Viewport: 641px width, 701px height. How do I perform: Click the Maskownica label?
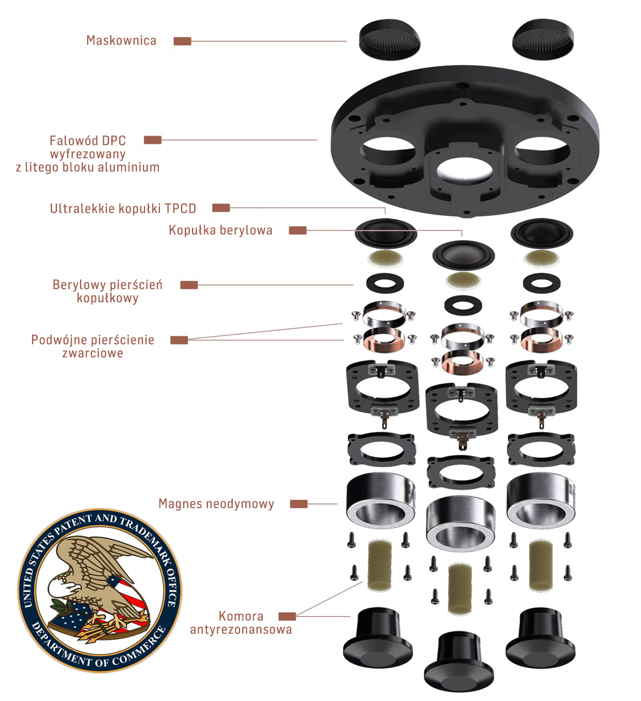pyautogui.click(x=121, y=40)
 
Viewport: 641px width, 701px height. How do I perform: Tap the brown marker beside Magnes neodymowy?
pyautogui.click(x=298, y=504)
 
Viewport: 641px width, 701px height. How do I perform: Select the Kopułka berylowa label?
pyautogui.click(x=220, y=230)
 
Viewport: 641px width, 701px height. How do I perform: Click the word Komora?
pyautogui.click(x=241, y=616)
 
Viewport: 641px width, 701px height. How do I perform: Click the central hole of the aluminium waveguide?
pyautogui.click(x=464, y=169)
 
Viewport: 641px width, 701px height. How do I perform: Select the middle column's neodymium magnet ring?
pyautogui.click(x=461, y=521)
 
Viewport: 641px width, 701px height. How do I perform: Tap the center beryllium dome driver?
pyautogui.click(x=463, y=254)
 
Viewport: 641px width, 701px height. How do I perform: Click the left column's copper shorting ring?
pyautogui.click(x=383, y=339)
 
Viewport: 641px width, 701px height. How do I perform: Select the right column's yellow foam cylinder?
pyautogui.click(x=541, y=565)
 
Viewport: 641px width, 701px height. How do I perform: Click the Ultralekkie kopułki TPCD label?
pyautogui.click(x=123, y=208)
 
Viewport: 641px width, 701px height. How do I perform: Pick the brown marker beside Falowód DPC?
pyautogui.click(x=153, y=140)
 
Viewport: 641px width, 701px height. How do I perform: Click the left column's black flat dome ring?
pyautogui.click(x=384, y=283)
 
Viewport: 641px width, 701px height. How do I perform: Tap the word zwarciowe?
pyautogui.click(x=93, y=353)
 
